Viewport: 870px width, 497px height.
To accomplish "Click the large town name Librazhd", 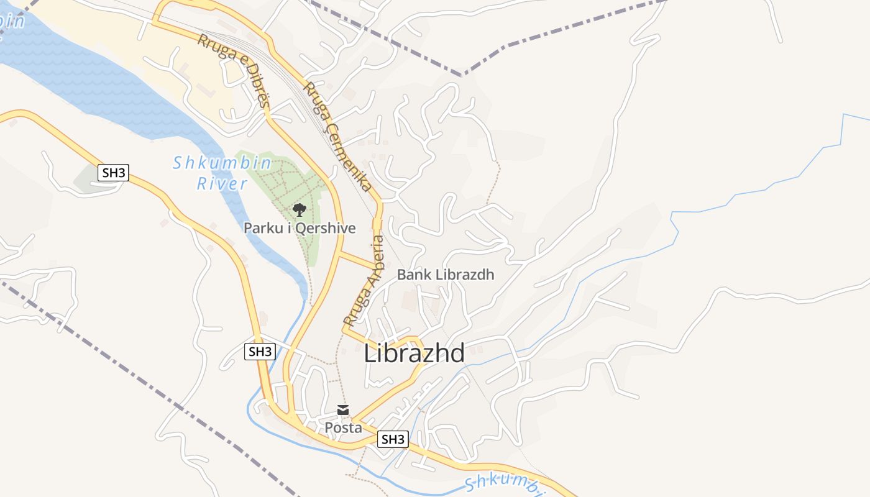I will tap(414, 353).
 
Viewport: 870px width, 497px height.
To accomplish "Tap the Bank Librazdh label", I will tap(446, 275).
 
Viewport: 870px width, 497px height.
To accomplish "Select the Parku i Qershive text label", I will tap(300, 228).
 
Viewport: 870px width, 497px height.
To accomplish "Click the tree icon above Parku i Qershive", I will tap(300, 209).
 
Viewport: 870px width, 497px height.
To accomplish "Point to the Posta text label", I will tap(343, 428).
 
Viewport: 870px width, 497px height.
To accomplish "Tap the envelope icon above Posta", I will tap(343, 410).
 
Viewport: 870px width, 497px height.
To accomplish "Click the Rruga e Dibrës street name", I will tap(234, 71).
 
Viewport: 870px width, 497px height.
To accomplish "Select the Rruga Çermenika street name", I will tap(338, 136).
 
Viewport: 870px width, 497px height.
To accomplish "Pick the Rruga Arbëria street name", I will tap(365, 280).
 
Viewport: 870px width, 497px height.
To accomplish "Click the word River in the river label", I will tap(222, 184).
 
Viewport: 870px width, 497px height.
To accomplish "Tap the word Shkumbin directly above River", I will tap(222, 163).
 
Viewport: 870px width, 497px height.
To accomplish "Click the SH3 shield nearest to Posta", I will tap(393, 439).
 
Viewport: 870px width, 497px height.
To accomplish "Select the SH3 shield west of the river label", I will tap(113, 173).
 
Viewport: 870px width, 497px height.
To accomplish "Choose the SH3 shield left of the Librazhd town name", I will tap(260, 352).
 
